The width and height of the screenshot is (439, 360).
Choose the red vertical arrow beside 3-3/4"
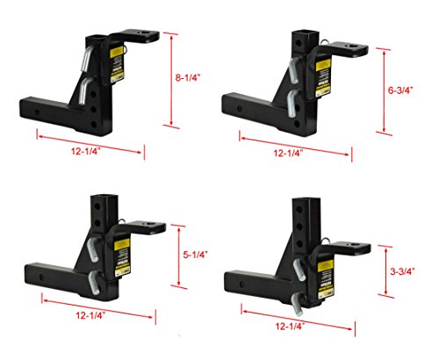383,273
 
